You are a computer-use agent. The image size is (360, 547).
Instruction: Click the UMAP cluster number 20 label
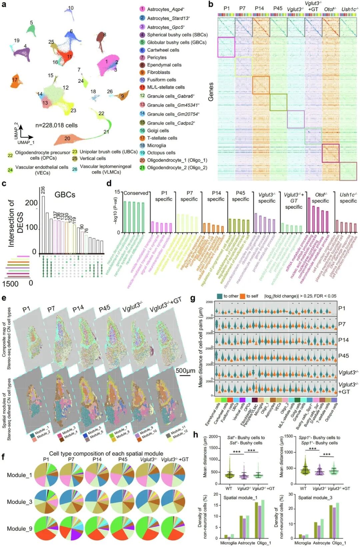67,138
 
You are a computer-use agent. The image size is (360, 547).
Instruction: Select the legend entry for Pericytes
157,57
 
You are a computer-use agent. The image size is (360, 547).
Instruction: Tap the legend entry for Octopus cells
161,153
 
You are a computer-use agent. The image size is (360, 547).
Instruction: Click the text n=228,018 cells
56,125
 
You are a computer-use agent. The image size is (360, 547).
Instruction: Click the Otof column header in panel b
330,9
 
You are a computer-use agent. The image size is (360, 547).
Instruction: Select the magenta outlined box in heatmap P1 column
226,47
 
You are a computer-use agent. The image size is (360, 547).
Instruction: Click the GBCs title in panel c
65,195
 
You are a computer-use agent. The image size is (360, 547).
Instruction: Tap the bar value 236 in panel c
43,190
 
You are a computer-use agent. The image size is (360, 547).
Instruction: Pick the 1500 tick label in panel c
10,284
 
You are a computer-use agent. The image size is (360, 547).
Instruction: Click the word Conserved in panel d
136,193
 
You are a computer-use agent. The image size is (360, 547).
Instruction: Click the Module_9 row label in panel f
19,529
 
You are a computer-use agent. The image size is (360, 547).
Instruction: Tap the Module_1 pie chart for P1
46,475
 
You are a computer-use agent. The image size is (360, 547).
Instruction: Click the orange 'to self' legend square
242,296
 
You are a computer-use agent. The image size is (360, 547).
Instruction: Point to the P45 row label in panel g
343,356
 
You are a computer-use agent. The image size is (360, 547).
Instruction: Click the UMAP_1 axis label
26,142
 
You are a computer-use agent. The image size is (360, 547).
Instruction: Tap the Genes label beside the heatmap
211,91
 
